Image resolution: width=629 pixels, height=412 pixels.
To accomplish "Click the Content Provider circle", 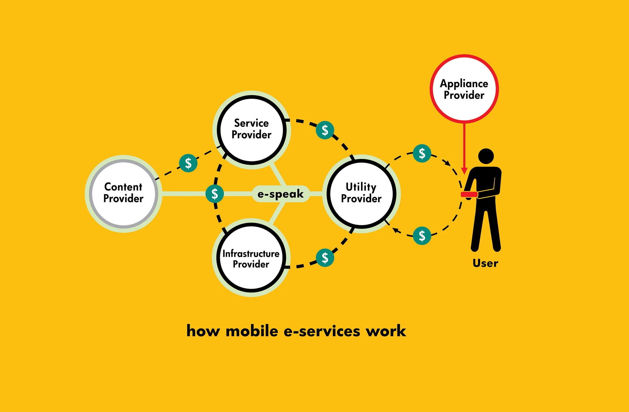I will pyautogui.click(x=124, y=193).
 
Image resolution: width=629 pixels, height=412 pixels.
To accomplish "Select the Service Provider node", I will pyautogui.click(x=252, y=130).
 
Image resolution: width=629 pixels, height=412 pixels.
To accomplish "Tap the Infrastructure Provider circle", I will pyautogui.click(x=251, y=258).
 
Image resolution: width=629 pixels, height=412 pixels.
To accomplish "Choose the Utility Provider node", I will pyautogui.click(x=361, y=193).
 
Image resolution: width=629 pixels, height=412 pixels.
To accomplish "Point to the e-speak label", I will pyautogui.click(x=281, y=194).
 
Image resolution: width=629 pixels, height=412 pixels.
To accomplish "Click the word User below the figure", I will pyautogui.click(x=485, y=263).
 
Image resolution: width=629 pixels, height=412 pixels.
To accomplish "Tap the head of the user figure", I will pyautogui.click(x=486, y=156).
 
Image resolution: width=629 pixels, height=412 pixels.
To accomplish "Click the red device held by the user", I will pyautogui.click(x=469, y=194).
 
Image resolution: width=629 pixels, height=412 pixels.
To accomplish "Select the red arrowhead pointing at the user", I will pyautogui.click(x=464, y=171).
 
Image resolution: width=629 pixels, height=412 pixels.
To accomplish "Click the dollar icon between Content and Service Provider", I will pyautogui.click(x=188, y=163).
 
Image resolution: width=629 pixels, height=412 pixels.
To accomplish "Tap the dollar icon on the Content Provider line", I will pyautogui.click(x=215, y=194).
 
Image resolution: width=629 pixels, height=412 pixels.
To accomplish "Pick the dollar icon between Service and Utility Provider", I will pyautogui.click(x=325, y=130).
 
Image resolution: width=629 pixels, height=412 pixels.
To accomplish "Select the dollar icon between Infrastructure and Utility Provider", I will pyautogui.click(x=325, y=258).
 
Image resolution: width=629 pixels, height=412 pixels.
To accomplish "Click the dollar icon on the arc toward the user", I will pyautogui.click(x=422, y=153).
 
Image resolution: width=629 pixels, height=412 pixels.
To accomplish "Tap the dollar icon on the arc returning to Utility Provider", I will pyautogui.click(x=422, y=235).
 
